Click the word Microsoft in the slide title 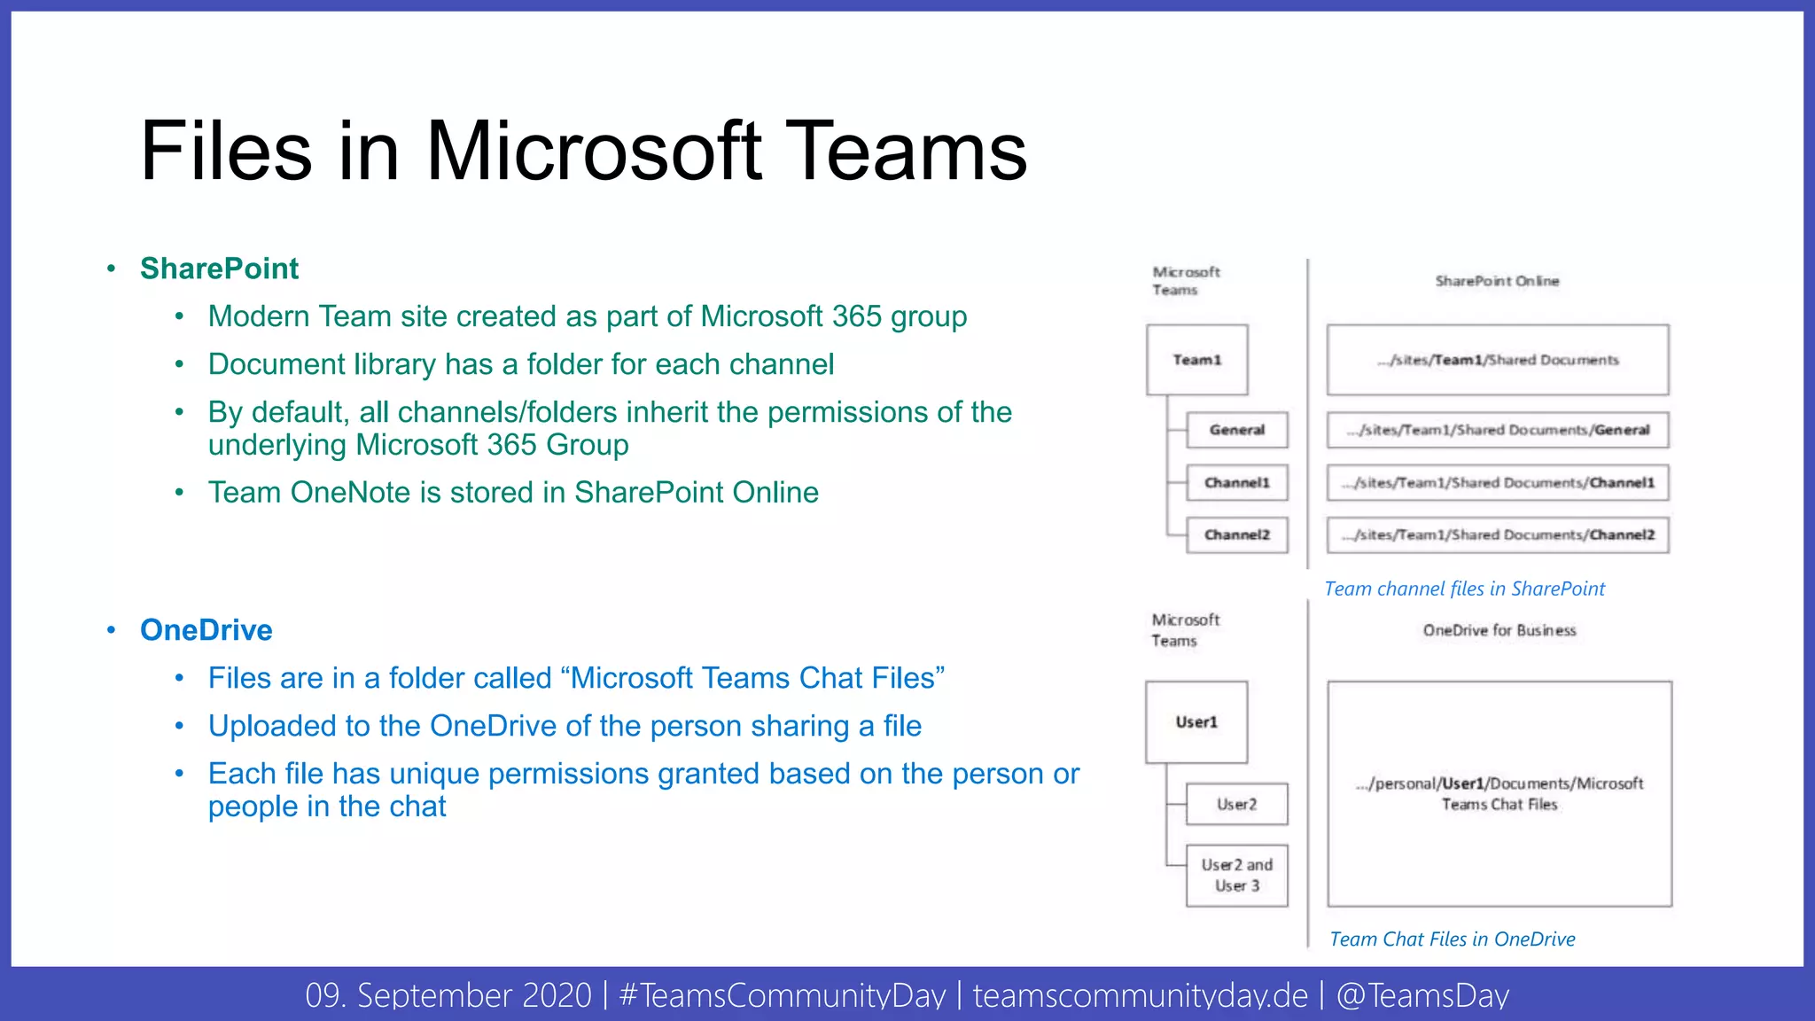tap(594, 152)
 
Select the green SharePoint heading tap(219, 269)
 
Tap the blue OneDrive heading tap(206, 630)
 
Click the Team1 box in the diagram tap(1196, 360)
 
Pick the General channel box tap(1236, 430)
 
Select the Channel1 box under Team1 tap(1236, 483)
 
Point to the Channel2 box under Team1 tap(1236, 535)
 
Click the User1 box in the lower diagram tap(1196, 722)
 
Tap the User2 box tap(1236, 805)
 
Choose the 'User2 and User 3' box tap(1236, 876)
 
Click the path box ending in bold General tap(1498, 430)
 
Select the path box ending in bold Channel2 tap(1498, 535)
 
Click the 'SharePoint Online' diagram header tap(1497, 281)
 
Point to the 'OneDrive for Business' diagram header tap(1500, 630)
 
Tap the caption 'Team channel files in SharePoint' tap(1464, 588)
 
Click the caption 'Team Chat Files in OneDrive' tap(1453, 939)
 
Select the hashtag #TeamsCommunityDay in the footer tap(782, 995)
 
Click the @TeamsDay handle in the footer tap(1422, 995)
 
